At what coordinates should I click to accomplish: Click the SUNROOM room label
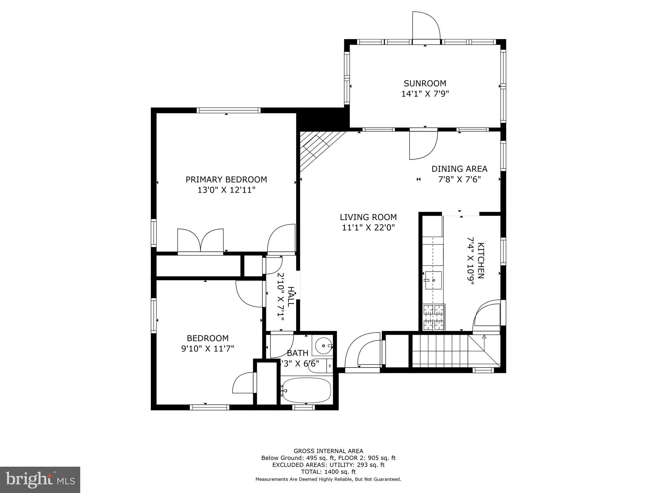coord(425,83)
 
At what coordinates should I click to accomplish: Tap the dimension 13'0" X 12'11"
coord(226,190)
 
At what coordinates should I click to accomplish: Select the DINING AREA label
coord(459,169)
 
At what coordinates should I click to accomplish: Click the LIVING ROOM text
coord(368,217)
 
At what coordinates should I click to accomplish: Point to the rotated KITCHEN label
coord(481,260)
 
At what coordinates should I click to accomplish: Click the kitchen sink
coord(433,280)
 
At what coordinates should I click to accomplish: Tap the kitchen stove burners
coord(434,317)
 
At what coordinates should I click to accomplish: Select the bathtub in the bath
coord(306,390)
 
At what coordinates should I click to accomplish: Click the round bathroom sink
coord(323,346)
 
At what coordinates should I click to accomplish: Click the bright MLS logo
coord(40,480)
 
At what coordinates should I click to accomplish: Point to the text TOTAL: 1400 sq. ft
coord(328,472)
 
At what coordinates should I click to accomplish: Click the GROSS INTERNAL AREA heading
coord(328,451)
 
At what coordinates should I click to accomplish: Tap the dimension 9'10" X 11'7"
coord(208,349)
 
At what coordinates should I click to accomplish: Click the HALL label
coord(290,297)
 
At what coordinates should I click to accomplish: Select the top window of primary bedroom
coord(228,110)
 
